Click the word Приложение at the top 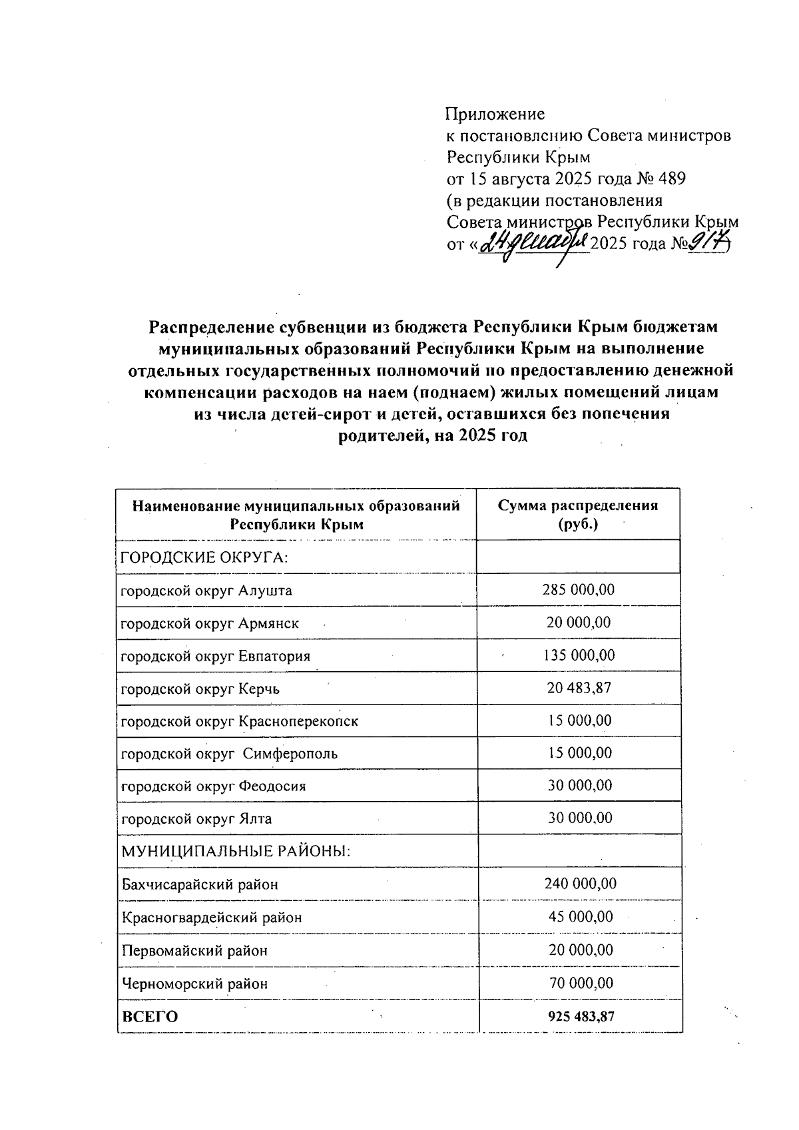tap(495, 114)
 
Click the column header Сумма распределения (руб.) tap(578, 514)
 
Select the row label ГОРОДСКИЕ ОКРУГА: tap(204, 557)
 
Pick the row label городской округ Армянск tap(210, 623)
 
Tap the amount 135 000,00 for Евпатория tap(579, 655)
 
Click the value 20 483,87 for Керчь tap(579, 688)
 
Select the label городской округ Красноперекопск tap(240, 721)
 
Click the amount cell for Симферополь tap(579, 753)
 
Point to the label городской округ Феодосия tap(214, 786)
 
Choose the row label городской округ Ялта tap(196, 818)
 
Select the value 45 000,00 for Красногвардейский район tap(580, 917)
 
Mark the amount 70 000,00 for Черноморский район tap(580, 983)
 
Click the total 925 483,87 tap(580, 1017)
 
